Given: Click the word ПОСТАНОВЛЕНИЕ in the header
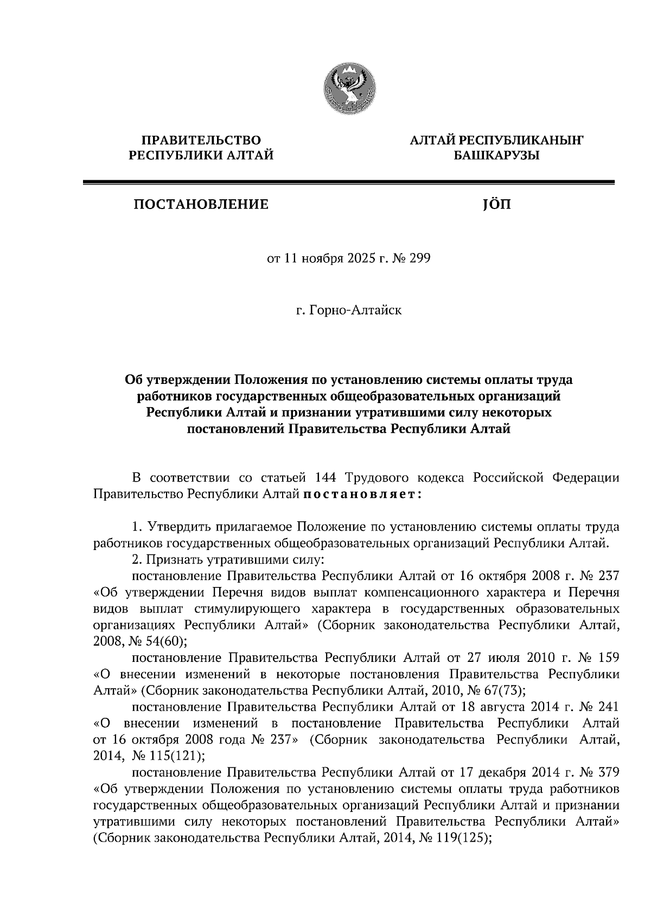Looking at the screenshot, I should (x=201, y=205).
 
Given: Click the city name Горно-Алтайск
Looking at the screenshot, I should (x=354, y=311).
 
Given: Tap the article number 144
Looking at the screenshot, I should (x=325, y=478).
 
